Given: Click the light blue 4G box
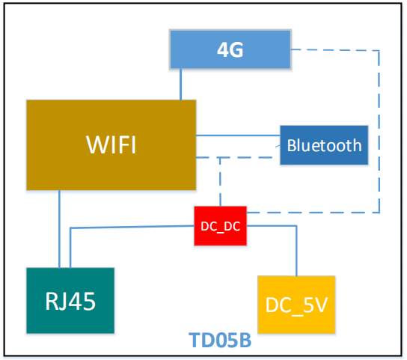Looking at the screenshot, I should point(230,50).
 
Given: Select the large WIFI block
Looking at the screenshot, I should point(111,144).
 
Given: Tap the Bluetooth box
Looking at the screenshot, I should point(323,145).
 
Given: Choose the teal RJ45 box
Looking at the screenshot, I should point(70,300).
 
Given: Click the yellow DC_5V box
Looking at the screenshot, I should point(296,304).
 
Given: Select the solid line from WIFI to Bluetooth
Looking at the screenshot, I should point(238,135).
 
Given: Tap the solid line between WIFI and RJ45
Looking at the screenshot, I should point(58,228).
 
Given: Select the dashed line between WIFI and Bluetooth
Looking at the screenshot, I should point(238,158).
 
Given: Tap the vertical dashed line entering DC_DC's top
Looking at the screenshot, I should point(219,183).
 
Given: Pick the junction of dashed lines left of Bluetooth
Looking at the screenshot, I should point(219,158).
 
